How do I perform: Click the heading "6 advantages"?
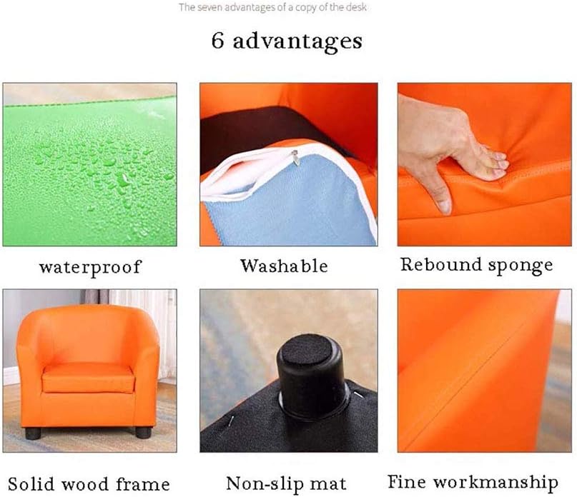(287, 41)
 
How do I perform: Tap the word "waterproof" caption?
(90, 268)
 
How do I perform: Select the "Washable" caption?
(284, 266)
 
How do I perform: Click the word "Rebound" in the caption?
(440, 265)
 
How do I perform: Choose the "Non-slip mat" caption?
(286, 483)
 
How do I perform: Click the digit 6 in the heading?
(220, 41)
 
